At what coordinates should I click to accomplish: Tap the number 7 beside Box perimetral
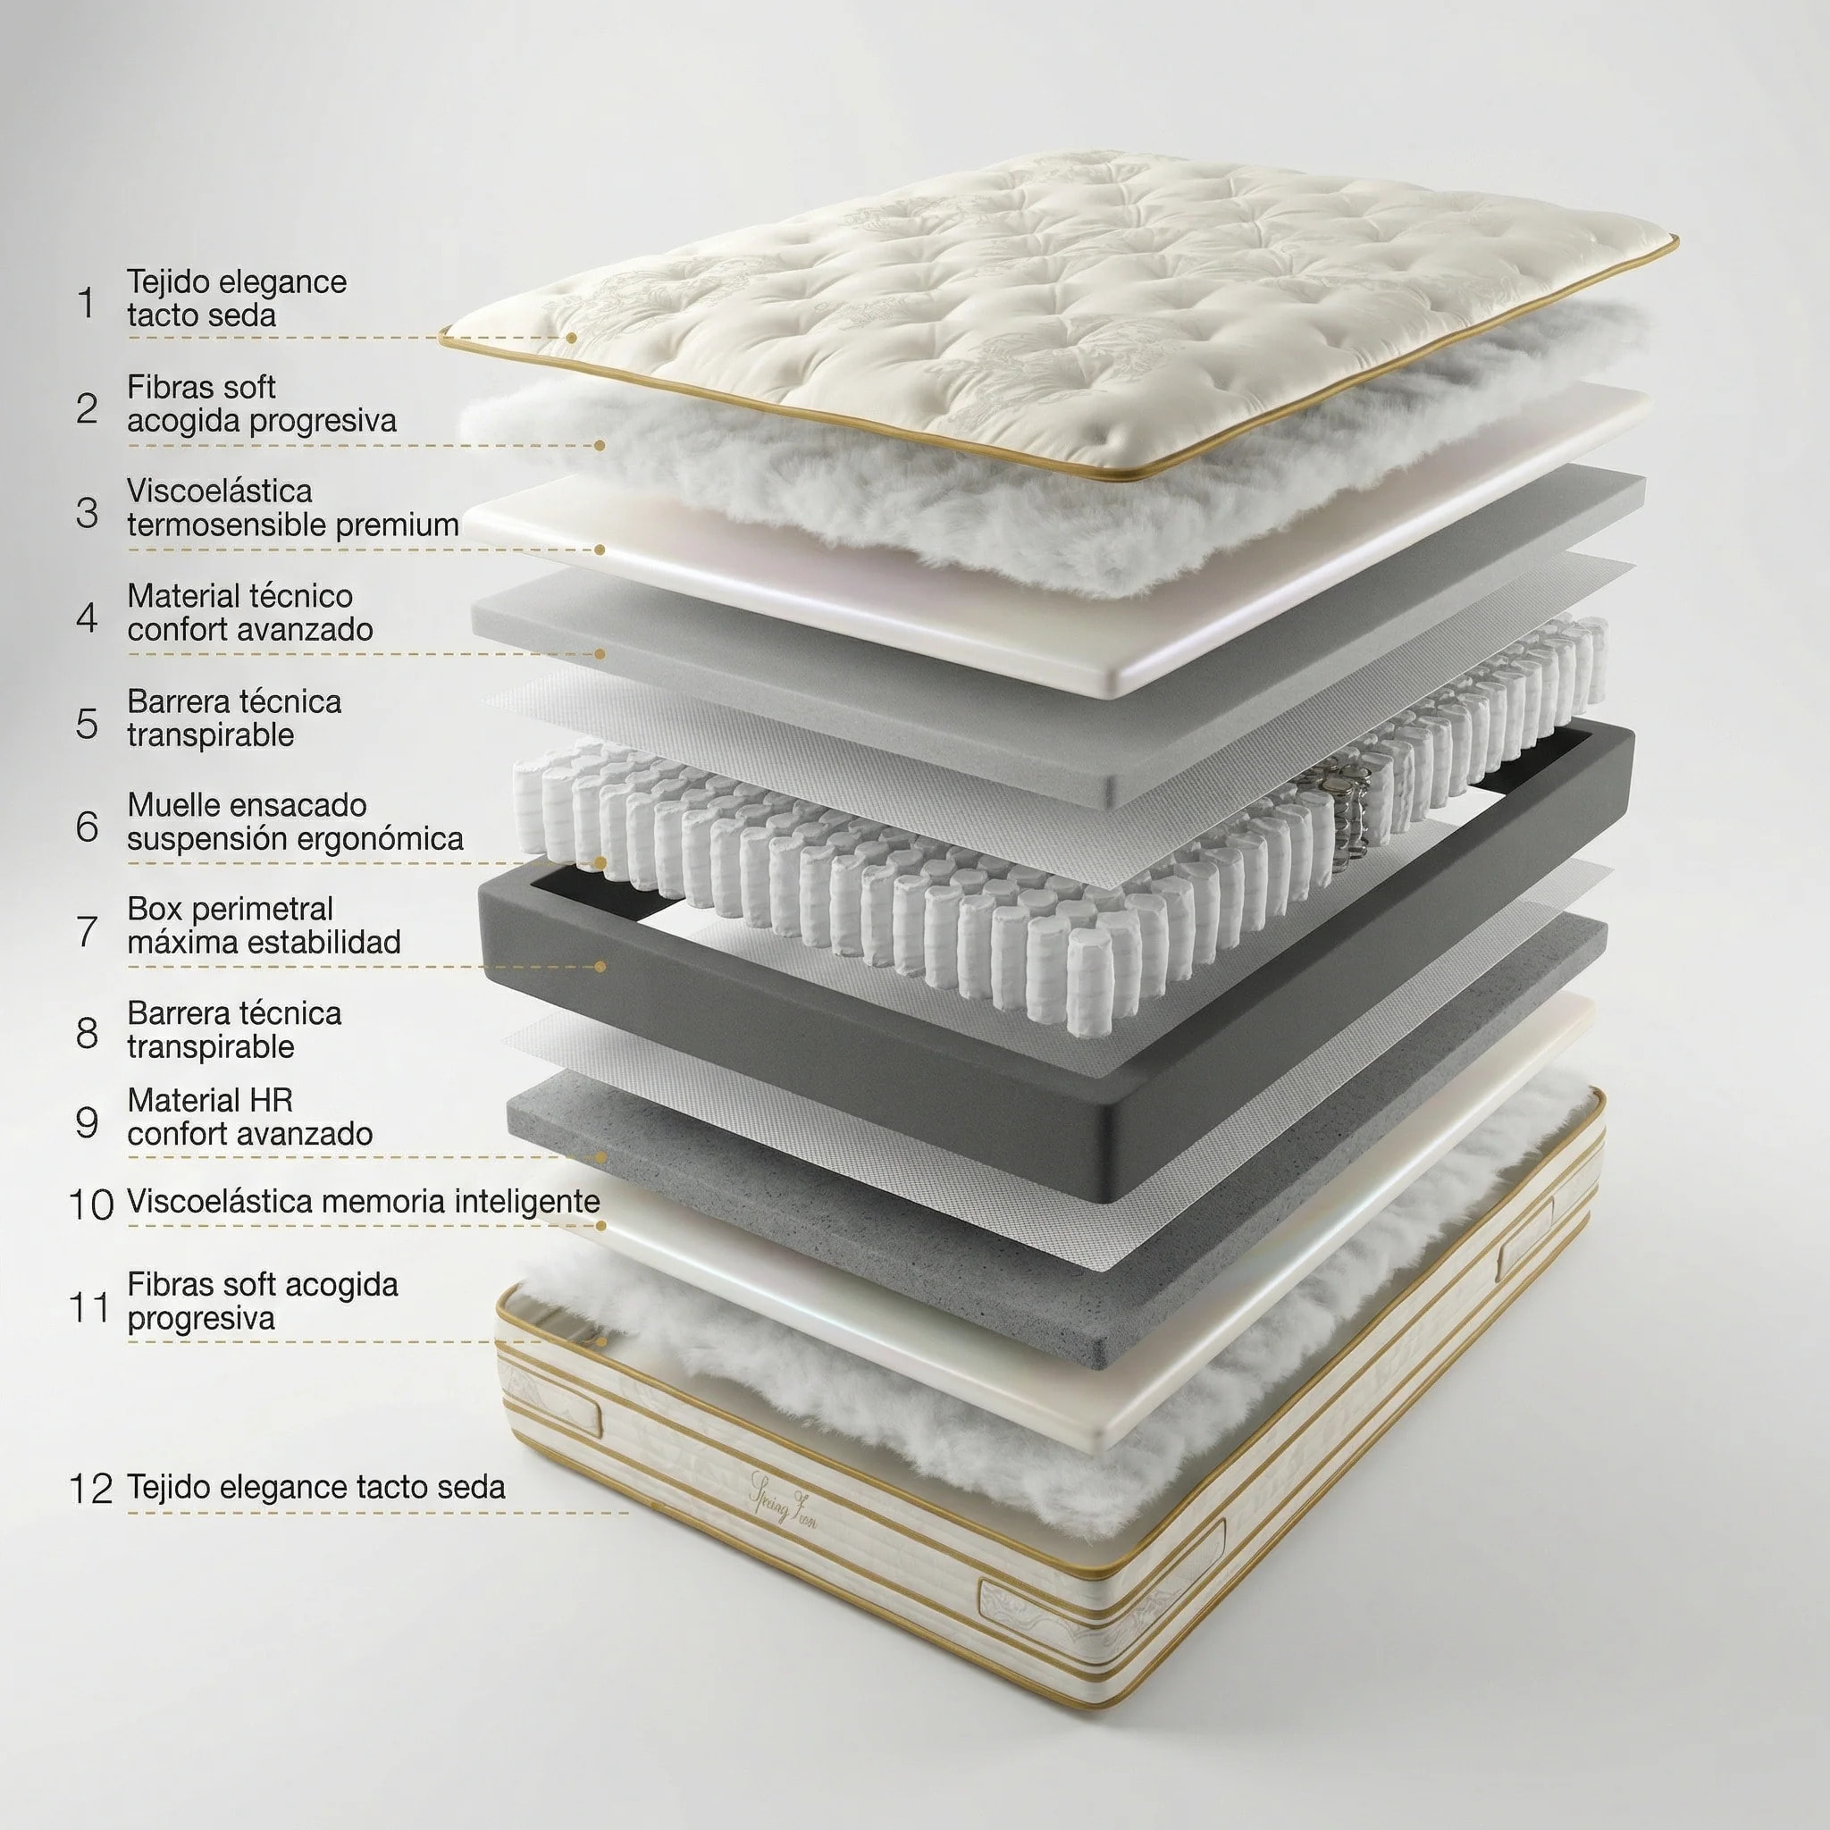click(x=88, y=930)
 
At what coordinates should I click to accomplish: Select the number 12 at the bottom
click(x=91, y=1488)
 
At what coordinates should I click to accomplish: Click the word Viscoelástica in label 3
click(x=220, y=491)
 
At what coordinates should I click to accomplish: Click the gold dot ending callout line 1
click(x=572, y=337)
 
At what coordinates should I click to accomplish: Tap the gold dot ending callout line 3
click(x=600, y=550)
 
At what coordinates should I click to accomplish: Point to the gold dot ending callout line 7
click(x=600, y=967)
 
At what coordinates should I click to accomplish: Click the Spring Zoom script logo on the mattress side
click(x=783, y=1498)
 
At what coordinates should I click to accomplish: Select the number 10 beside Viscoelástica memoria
click(x=91, y=1204)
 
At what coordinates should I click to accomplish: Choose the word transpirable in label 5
click(x=210, y=736)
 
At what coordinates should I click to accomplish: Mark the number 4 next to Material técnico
click(x=88, y=617)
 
